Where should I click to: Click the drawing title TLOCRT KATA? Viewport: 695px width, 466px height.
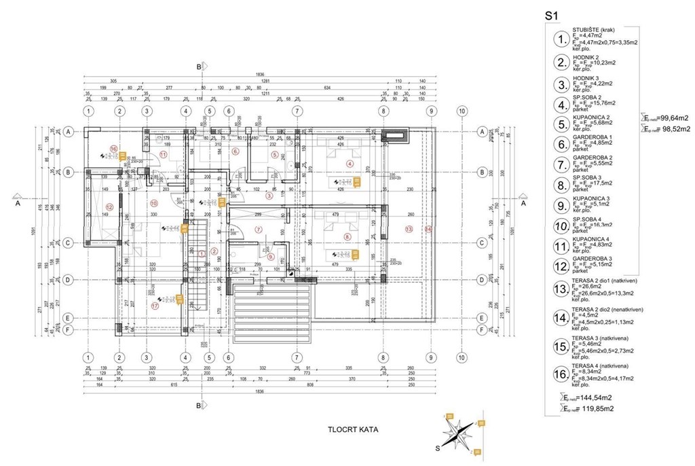click(352, 429)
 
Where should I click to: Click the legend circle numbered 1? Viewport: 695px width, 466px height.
click(561, 39)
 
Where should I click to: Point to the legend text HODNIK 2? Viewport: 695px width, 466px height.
click(588, 57)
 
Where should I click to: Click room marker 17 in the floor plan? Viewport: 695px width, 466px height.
click(155, 306)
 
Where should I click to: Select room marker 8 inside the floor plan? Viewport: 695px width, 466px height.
click(347, 236)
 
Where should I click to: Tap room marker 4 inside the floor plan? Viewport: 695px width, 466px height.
click(350, 163)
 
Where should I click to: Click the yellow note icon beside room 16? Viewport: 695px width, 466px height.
click(124, 156)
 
